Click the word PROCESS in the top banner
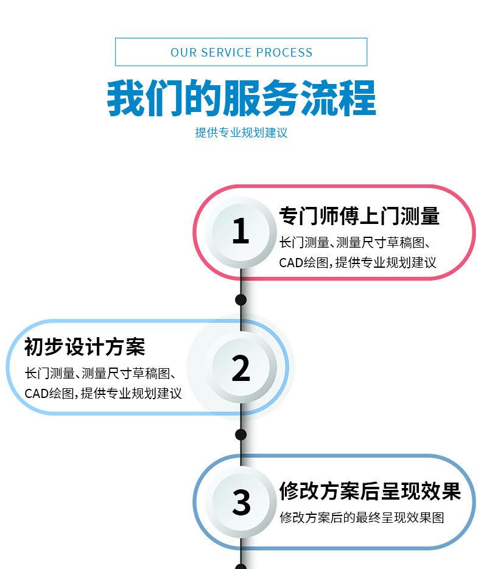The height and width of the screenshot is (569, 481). tap(284, 52)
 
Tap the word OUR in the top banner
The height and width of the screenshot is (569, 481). tap(184, 52)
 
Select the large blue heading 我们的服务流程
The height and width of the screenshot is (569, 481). tap(241, 98)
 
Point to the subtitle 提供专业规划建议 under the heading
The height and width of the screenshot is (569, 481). tap(241, 133)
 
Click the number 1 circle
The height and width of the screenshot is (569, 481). tap(240, 231)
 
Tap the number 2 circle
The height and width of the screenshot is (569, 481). tap(240, 367)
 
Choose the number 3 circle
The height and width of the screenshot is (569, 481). tap(241, 503)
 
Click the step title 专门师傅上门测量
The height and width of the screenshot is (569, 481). tap(359, 216)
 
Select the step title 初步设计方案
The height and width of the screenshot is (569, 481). tap(85, 347)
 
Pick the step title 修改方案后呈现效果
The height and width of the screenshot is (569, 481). tap(370, 491)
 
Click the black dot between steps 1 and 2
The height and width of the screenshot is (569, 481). tap(240, 300)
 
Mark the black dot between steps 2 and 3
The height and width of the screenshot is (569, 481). tap(240, 435)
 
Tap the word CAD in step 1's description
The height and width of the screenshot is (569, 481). tap(291, 263)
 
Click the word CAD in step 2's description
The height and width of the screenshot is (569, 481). tap(37, 394)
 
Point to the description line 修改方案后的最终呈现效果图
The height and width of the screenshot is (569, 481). tap(362, 518)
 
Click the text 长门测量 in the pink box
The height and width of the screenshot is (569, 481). tap(304, 242)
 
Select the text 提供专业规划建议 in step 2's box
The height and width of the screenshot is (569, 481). tap(131, 393)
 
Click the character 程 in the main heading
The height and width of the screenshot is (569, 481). tap(357, 98)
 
